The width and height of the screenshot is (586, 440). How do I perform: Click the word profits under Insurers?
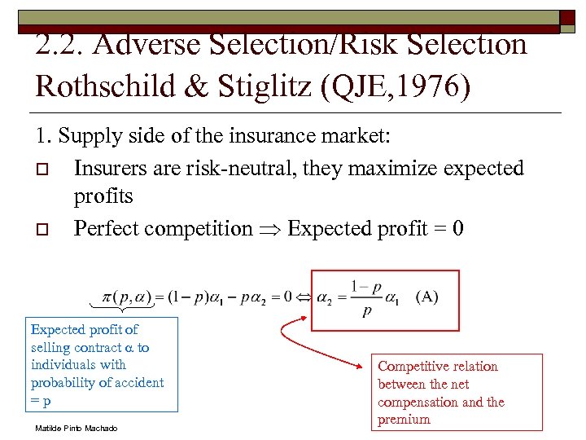pyautogui.click(x=103, y=197)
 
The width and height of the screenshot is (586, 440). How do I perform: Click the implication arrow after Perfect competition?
pyautogui.click(x=270, y=229)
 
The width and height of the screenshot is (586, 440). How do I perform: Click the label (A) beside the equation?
pyautogui.click(x=426, y=296)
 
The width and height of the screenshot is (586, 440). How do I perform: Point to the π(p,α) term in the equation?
pyautogui.click(x=125, y=297)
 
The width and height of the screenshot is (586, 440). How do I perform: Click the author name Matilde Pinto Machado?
pyautogui.click(x=76, y=428)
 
